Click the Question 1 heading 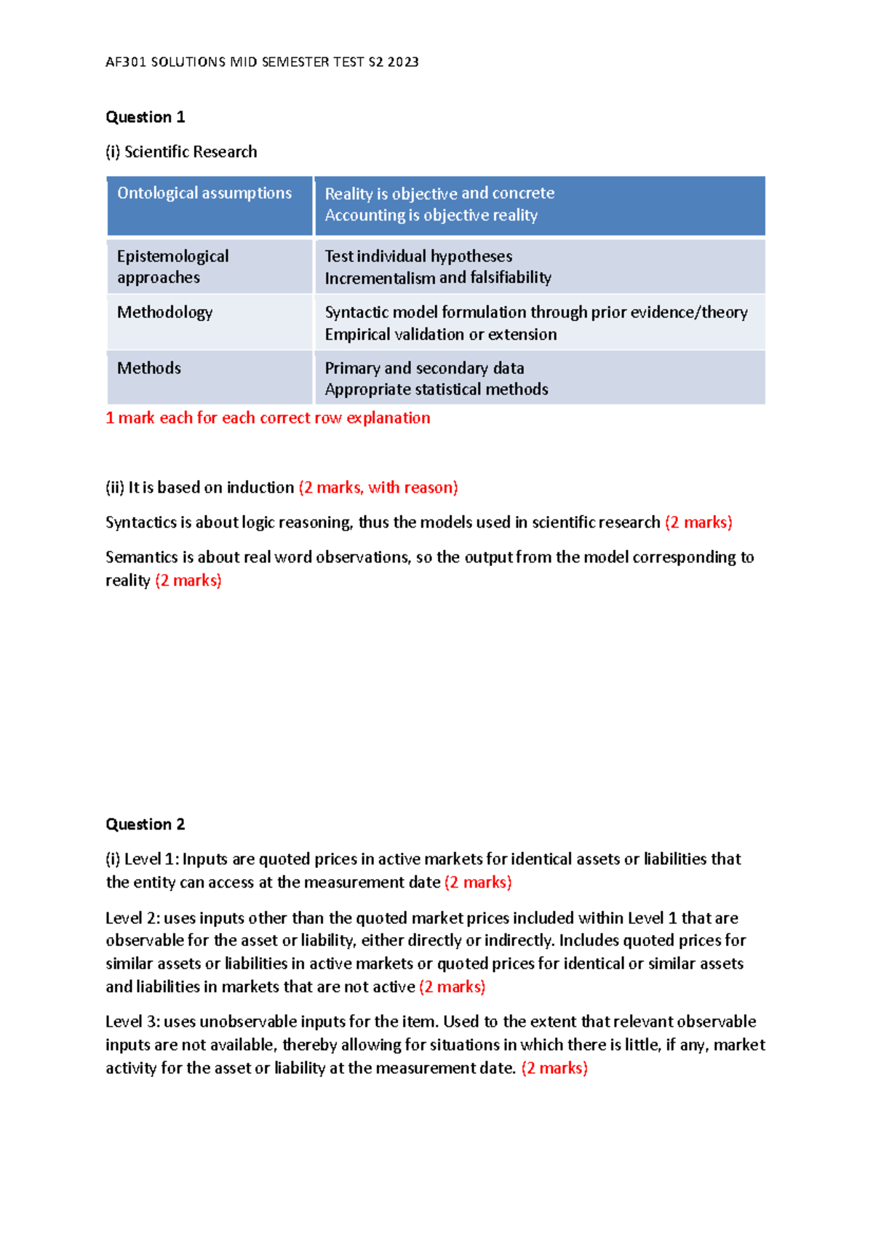[145, 117]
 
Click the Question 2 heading [145, 824]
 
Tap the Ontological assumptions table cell [204, 193]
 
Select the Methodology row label [165, 312]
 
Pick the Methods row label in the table [149, 368]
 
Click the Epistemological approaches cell [173, 266]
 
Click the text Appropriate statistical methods [436, 389]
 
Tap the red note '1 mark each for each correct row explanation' [268, 418]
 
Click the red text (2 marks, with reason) [378, 487]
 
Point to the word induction [260, 487]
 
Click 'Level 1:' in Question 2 [151, 859]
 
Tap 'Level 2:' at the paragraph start [132, 918]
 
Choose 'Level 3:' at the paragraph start [132, 1022]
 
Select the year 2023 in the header [403, 62]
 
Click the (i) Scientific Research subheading [181, 152]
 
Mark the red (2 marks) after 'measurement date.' [554, 1068]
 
